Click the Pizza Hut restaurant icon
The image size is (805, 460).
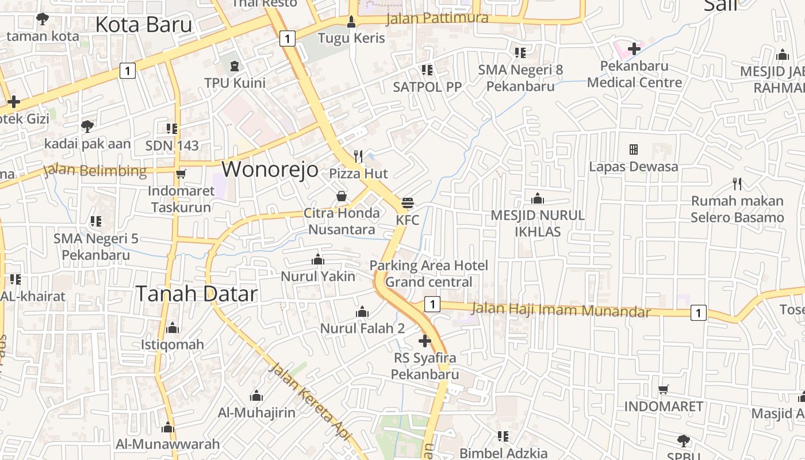(x=358, y=155)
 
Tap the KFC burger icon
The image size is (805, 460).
(x=408, y=202)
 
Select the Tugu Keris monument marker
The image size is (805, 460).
(x=351, y=22)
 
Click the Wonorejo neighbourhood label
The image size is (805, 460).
(x=270, y=169)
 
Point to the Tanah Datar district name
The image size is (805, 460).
(x=196, y=294)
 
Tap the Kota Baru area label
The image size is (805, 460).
(x=143, y=25)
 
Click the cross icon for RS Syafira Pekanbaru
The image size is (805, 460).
(x=424, y=341)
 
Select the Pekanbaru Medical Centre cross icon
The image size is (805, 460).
(x=634, y=49)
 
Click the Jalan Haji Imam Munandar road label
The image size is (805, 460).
(x=561, y=310)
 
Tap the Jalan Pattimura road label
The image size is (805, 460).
(x=437, y=18)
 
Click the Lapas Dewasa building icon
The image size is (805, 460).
(x=634, y=149)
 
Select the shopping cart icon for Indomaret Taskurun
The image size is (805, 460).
(x=181, y=174)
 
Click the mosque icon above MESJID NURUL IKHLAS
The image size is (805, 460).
(x=538, y=199)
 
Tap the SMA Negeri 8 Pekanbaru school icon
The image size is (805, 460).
(x=520, y=53)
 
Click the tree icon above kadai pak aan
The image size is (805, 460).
(x=87, y=125)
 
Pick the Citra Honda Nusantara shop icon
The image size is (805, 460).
(x=342, y=197)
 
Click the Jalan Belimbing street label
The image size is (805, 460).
(x=95, y=171)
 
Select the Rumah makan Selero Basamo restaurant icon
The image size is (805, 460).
(x=737, y=184)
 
